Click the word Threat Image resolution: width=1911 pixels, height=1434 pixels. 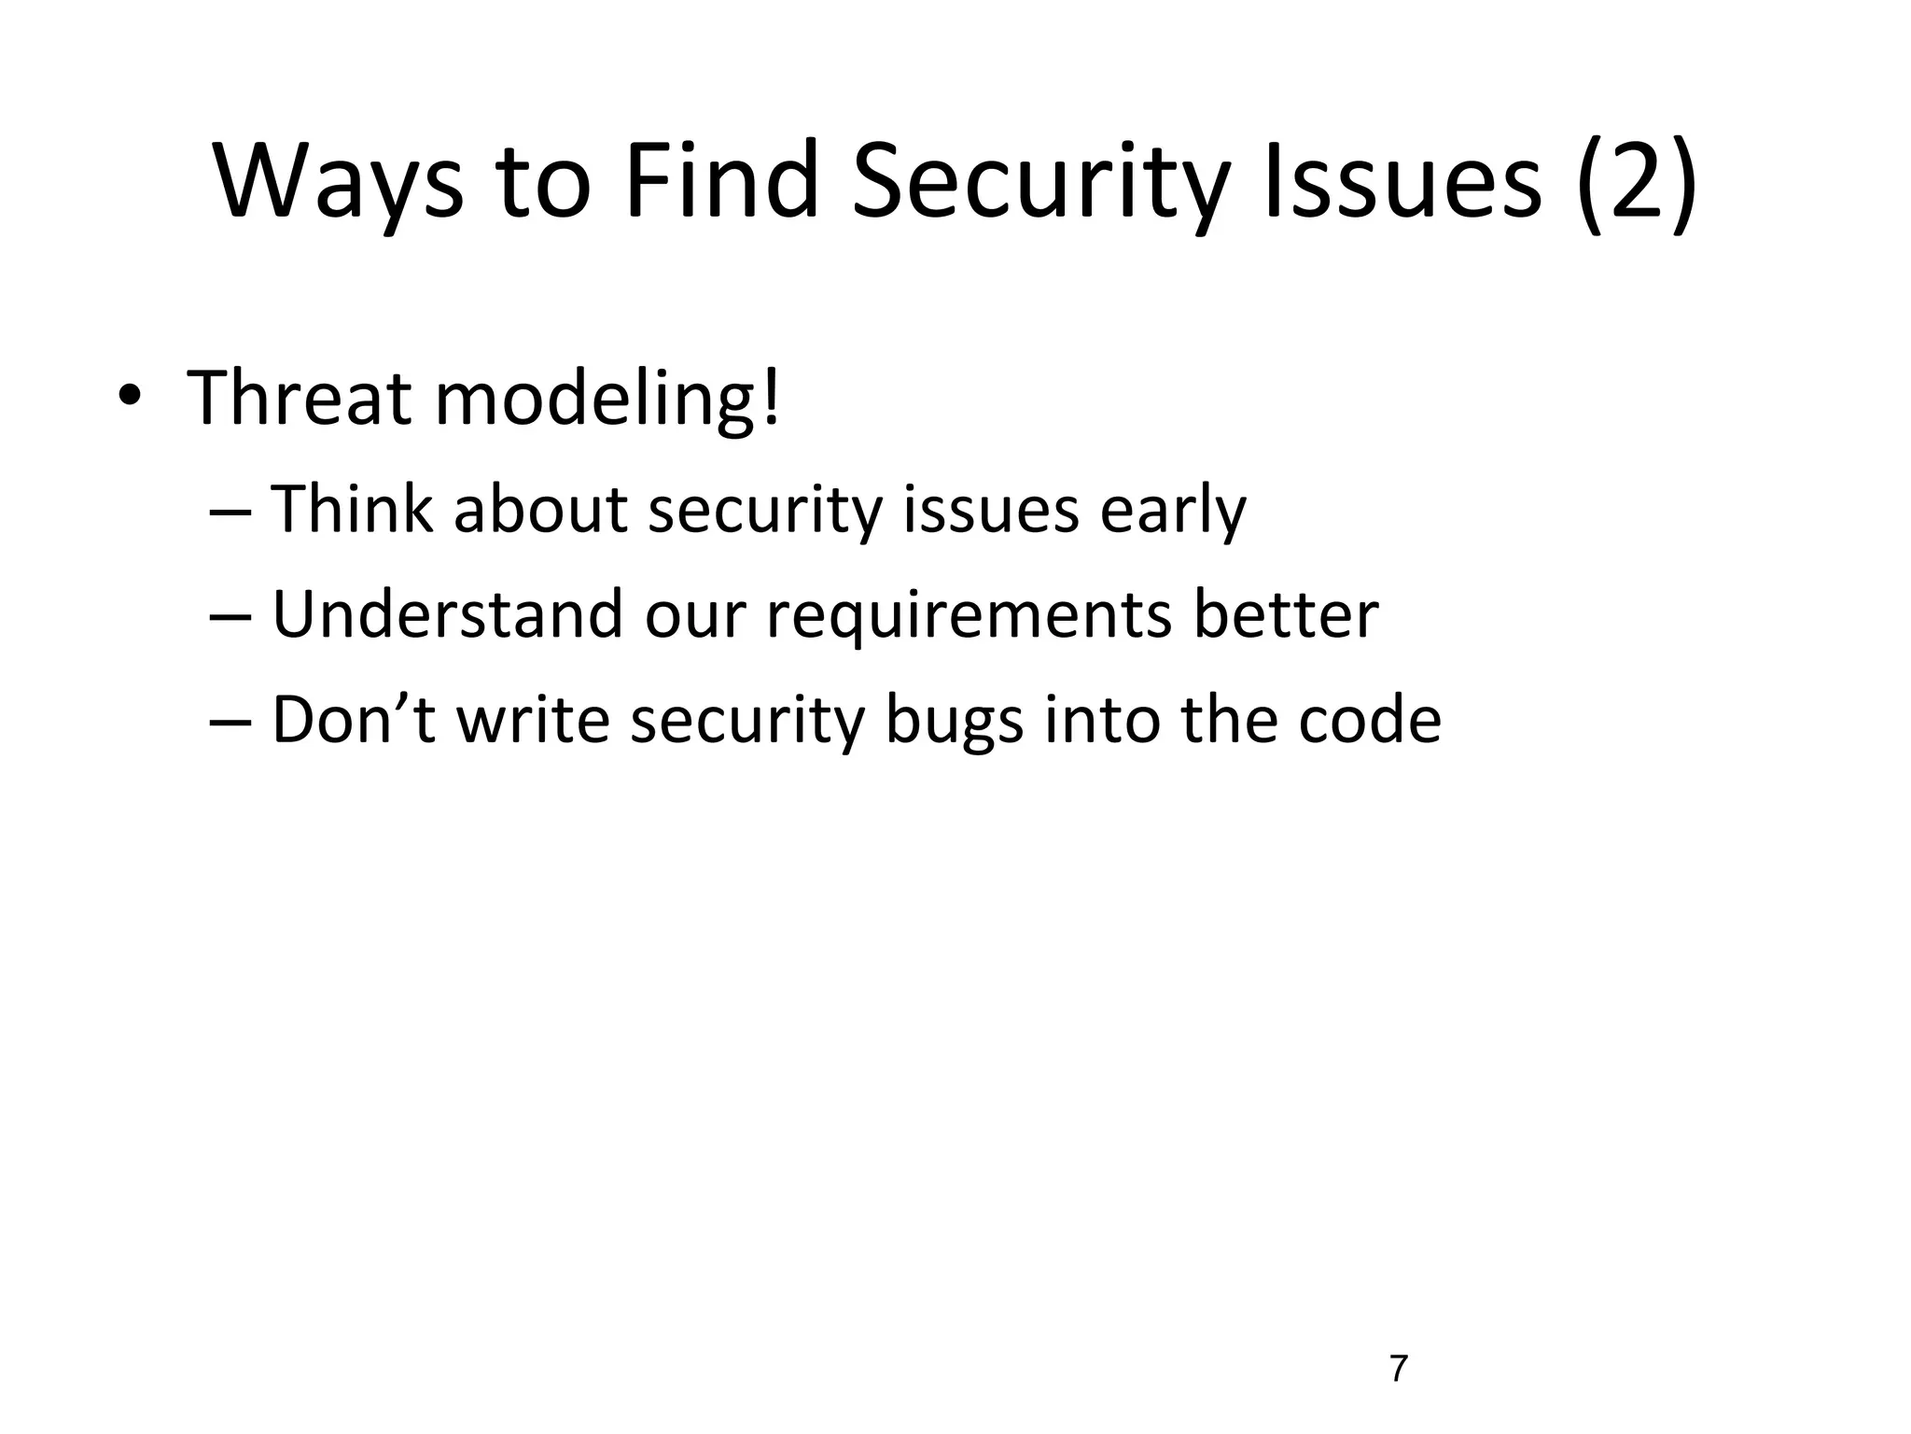pyautogui.click(x=300, y=398)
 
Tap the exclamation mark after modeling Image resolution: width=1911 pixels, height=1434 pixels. pyautogui.click(x=771, y=398)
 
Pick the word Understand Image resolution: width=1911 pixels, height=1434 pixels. pyautogui.click(x=447, y=614)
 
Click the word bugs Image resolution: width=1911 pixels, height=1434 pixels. pyautogui.click(x=953, y=721)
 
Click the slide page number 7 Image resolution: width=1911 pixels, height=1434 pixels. pyautogui.click(x=1398, y=1369)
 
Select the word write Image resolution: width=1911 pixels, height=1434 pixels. pyautogui.click(x=533, y=719)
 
